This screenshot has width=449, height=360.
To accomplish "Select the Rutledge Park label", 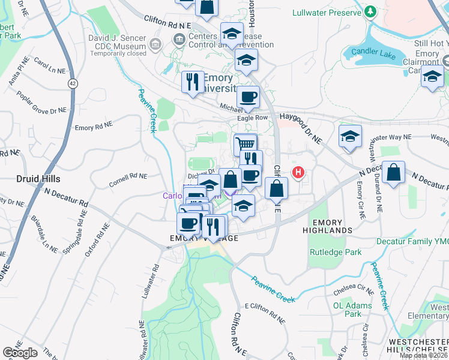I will pyautogui.click(x=336, y=253).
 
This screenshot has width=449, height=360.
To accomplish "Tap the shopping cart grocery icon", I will pyautogui.click(x=245, y=144).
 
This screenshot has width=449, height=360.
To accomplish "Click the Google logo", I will pyautogui.click(x=20, y=352).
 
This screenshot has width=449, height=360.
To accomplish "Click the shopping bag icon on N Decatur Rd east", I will pyautogui.click(x=393, y=172).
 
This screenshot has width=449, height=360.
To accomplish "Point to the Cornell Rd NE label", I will pyautogui.click(x=127, y=176).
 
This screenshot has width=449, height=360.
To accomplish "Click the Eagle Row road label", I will pyautogui.click(x=252, y=118).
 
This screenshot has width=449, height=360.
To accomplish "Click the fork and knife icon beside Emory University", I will pyautogui.click(x=192, y=82).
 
